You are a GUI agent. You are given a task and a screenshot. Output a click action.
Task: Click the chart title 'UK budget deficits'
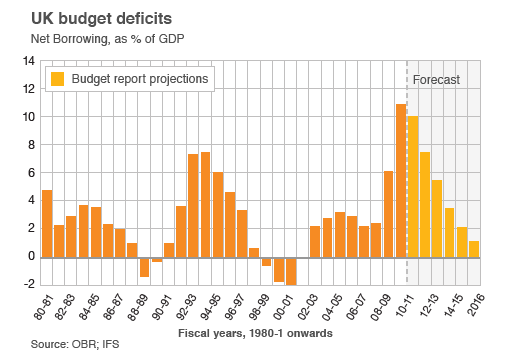click(x=91, y=18)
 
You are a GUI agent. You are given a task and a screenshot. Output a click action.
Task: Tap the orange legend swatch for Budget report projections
click(x=58, y=78)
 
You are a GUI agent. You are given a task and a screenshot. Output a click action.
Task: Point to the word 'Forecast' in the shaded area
click(x=436, y=78)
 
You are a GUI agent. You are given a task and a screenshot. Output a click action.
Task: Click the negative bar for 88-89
click(x=144, y=266)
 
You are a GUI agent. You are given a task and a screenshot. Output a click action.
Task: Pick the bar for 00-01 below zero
click(x=291, y=270)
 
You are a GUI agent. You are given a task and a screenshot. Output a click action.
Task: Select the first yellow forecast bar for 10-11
click(x=412, y=186)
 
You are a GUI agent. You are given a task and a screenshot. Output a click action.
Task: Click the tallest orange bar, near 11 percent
click(x=400, y=180)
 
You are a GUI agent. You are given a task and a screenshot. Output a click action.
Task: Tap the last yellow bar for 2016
click(x=473, y=248)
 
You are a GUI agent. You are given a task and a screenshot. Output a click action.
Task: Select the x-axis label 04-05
click(x=332, y=306)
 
